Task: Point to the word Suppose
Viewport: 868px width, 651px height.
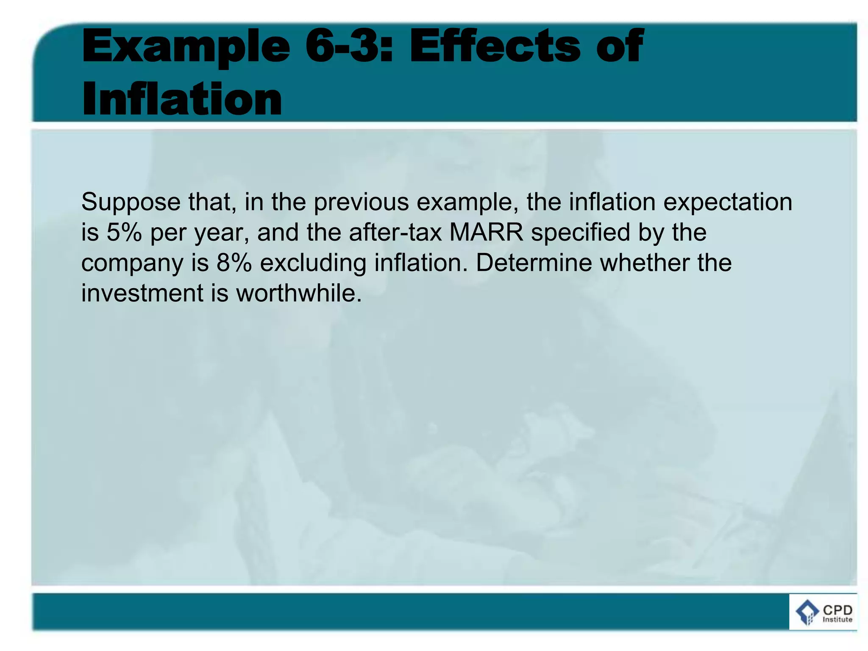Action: [131, 203]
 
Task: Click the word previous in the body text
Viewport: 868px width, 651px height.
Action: [361, 203]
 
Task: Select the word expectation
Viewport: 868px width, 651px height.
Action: [727, 203]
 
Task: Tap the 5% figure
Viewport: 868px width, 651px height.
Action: [124, 233]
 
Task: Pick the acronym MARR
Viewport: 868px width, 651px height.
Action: [486, 233]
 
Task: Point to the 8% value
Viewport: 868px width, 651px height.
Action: [234, 263]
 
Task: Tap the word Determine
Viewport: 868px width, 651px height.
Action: [533, 263]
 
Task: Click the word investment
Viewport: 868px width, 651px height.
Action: [142, 293]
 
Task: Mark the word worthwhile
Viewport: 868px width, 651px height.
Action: [299, 293]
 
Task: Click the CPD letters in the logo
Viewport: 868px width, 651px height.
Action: [837, 609]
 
